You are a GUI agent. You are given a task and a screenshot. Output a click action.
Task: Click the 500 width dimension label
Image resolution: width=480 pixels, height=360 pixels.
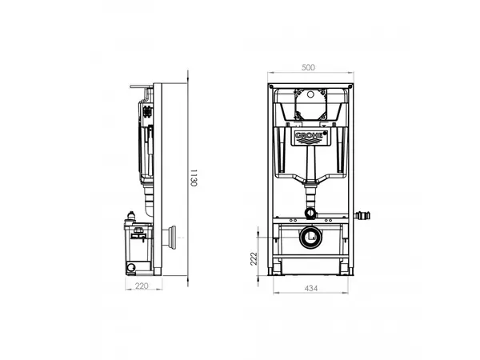click(x=308, y=67)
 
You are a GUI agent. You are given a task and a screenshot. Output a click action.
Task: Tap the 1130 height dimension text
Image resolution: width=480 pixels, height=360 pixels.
click(x=194, y=178)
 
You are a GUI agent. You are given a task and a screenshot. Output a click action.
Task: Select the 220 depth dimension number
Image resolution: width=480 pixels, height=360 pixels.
click(x=142, y=286)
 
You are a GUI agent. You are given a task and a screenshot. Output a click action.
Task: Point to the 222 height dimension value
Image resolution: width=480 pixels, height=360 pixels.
click(x=254, y=258)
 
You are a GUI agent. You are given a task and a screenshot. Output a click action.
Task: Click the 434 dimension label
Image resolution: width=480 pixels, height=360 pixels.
click(x=311, y=288)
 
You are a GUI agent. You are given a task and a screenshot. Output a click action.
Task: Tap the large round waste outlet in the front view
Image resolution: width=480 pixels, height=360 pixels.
click(x=310, y=237)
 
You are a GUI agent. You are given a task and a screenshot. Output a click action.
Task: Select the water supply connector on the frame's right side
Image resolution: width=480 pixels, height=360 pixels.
click(x=362, y=215)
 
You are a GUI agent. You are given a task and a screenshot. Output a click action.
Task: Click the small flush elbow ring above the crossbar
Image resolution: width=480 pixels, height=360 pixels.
click(x=310, y=213)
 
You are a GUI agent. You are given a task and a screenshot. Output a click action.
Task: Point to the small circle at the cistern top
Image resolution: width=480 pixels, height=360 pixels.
click(x=310, y=94)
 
